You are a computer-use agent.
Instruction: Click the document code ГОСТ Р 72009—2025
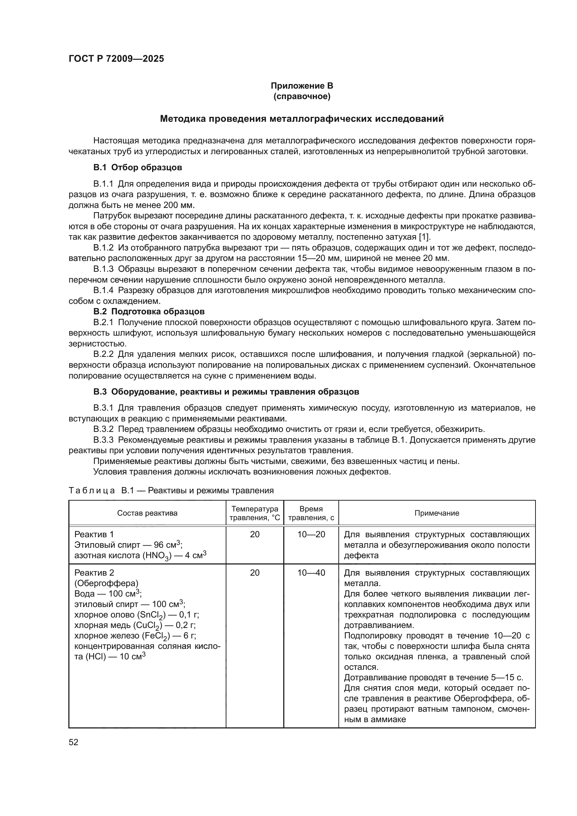click(116, 59)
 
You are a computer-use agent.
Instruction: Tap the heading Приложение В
click(302, 86)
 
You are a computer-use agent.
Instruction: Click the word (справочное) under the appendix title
click(302, 97)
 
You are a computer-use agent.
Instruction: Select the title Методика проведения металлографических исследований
click(302, 119)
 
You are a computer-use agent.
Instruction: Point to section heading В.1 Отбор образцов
click(138, 167)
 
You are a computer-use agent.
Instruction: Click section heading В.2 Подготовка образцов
click(149, 312)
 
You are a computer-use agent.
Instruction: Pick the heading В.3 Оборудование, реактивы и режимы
click(226, 392)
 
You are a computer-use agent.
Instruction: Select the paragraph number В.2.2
click(103, 354)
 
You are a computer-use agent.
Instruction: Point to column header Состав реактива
click(147, 513)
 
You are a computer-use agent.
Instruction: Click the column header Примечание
click(437, 513)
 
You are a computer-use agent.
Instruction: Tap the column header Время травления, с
click(311, 513)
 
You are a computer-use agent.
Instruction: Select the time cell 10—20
click(311, 534)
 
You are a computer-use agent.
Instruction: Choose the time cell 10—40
click(311, 573)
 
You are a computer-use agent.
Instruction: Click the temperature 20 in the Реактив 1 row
click(255, 534)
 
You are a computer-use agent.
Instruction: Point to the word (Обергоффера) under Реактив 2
click(106, 584)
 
